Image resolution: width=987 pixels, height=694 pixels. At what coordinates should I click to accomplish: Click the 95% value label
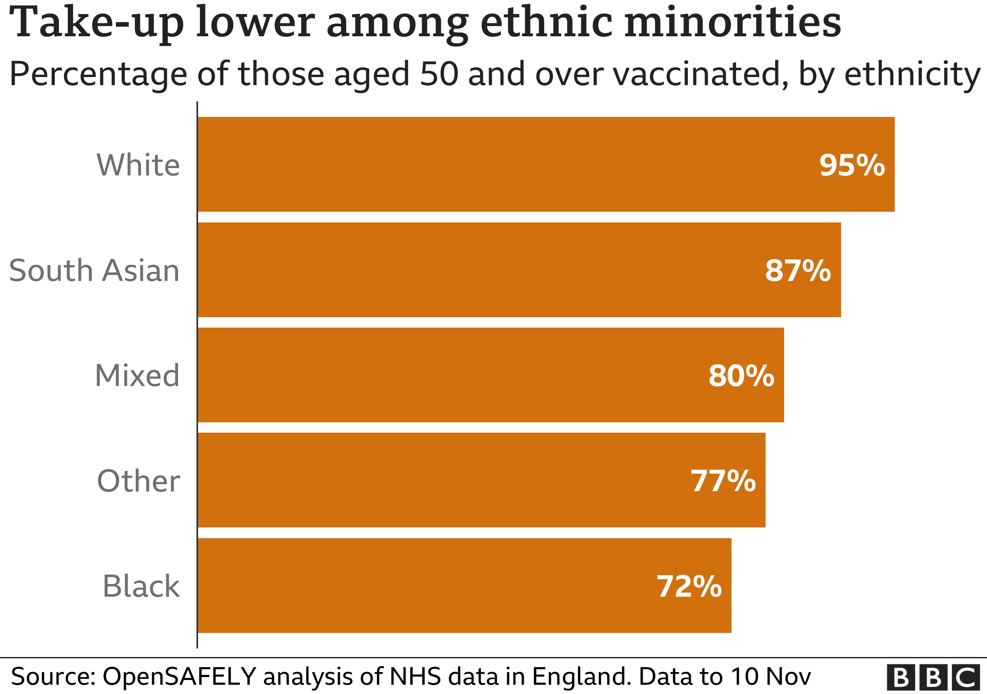click(x=852, y=165)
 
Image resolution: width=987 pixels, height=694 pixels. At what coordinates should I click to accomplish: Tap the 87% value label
click(x=798, y=270)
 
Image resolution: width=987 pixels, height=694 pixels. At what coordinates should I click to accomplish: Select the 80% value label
click(x=741, y=376)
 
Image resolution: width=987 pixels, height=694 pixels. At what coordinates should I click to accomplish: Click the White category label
click(x=138, y=165)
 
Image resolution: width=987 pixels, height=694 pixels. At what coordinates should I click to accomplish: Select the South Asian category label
click(x=94, y=270)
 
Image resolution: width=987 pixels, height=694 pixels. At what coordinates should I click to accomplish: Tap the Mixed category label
click(x=137, y=376)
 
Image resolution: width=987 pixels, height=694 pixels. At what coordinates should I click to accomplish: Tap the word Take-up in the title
click(x=97, y=24)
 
